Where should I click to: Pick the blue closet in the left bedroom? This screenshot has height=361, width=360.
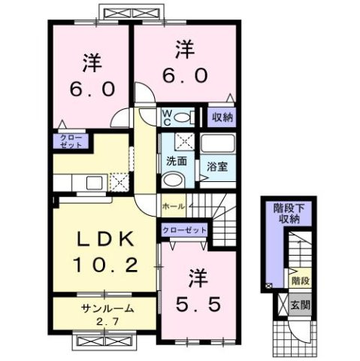[x=69, y=141]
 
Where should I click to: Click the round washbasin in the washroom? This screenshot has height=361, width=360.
[x=174, y=180]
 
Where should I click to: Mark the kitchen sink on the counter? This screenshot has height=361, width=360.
[x=94, y=183]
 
